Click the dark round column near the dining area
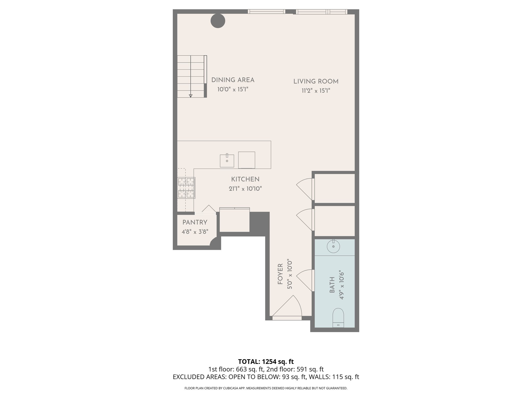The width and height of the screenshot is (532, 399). click(218, 21)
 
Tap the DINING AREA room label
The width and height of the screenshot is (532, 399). click(233, 80)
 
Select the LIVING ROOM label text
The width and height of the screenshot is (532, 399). click(316, 82)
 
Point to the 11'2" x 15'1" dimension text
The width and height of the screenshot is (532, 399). click(316, 91)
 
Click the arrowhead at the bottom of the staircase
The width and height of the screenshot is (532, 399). click(191, 96)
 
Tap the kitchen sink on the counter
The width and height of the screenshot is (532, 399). click(227, 161)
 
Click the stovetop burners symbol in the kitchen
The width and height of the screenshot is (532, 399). click(186, 188)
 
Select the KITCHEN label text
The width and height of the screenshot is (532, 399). click(245, 179)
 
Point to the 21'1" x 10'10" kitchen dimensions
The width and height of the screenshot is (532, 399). click(245, 189)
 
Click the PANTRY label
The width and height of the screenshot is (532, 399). click(195, 222)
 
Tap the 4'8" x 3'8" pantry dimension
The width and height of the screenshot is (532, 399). click(195, 232)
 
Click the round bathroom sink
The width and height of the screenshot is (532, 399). click(333, 247)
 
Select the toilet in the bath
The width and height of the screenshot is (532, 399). click(338, 318)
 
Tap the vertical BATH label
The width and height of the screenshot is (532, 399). click(332, 285)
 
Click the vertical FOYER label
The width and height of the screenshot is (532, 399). click(280, 274)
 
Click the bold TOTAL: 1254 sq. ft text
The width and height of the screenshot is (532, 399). click(266, 362)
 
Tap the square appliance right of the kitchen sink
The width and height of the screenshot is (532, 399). click(247, 160)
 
